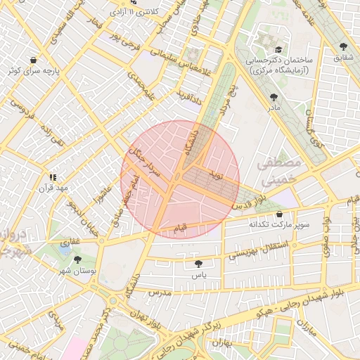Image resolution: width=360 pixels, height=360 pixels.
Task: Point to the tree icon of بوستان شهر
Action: tap(78, 260)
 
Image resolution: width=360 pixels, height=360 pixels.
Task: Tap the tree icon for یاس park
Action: tap(198, 264)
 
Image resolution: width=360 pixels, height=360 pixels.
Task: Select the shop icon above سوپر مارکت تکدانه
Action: tap(280, 214)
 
